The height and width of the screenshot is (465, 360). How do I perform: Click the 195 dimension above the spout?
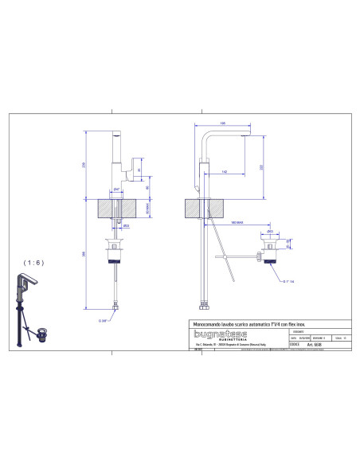(224, 123)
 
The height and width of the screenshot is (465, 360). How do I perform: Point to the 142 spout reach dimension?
(228, 172)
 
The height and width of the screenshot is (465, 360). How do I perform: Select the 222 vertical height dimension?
(262, 165)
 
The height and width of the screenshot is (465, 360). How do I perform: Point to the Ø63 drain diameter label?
(271, 231)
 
